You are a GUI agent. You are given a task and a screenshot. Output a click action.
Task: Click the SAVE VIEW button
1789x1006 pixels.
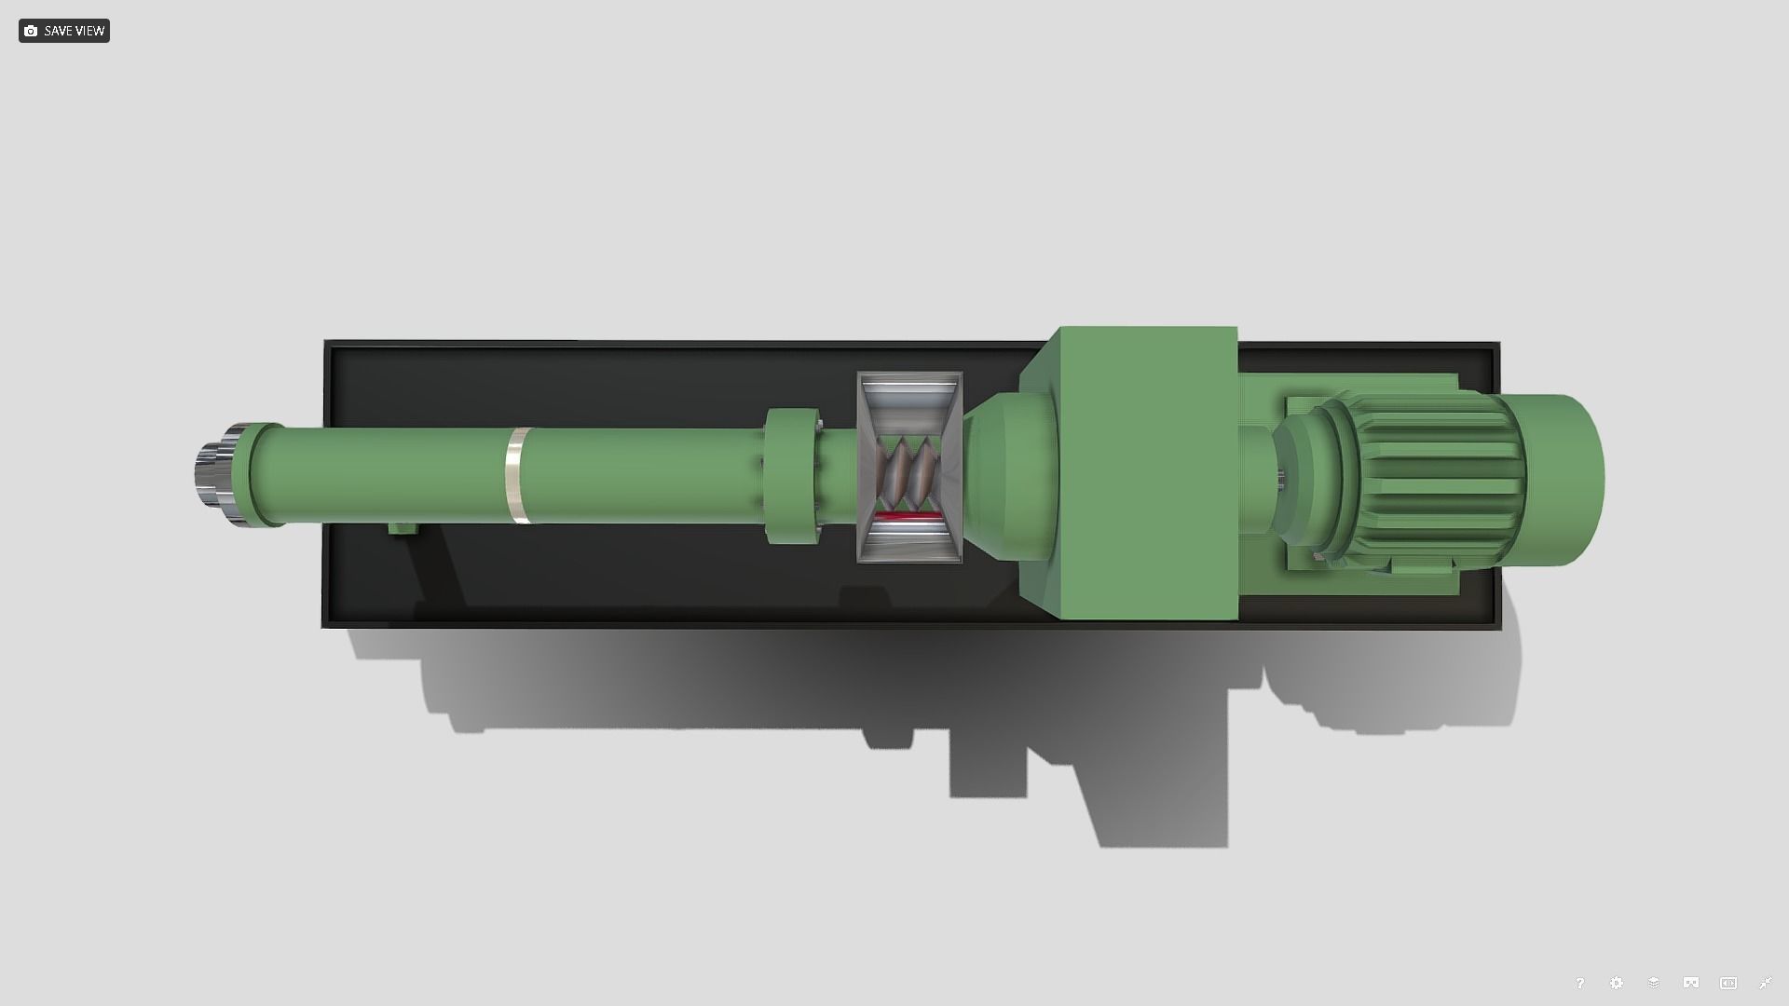coord(63,31)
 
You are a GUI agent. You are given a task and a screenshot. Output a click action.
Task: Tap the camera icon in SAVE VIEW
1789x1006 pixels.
coord(31,31)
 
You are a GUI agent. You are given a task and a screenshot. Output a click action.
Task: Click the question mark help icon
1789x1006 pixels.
coord(1579,983)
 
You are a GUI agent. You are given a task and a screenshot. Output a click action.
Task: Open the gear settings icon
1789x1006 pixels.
coord(1617,983)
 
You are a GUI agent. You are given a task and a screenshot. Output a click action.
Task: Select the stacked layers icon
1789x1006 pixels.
coord(1654,983)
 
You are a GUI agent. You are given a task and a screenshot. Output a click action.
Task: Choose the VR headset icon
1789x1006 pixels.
coord(1691,983)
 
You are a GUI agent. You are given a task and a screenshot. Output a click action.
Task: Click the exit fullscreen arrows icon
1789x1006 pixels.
coord(1765,983)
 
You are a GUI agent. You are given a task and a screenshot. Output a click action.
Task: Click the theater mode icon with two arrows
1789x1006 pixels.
coord(1728,983)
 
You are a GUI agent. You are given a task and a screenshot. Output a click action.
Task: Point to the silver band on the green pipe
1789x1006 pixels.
coord(517,475)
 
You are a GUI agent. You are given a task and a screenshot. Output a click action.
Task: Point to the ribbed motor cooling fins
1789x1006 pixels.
coord(1435,475)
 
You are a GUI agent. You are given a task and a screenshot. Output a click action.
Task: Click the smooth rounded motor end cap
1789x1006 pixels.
coord(1570,480)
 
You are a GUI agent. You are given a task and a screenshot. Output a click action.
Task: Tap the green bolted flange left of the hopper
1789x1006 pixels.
coord(792,475)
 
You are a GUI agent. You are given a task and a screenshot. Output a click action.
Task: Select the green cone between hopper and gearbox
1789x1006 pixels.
coord(1006,475)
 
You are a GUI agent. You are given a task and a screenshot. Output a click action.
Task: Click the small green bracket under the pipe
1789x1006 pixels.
coord(403,528)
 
